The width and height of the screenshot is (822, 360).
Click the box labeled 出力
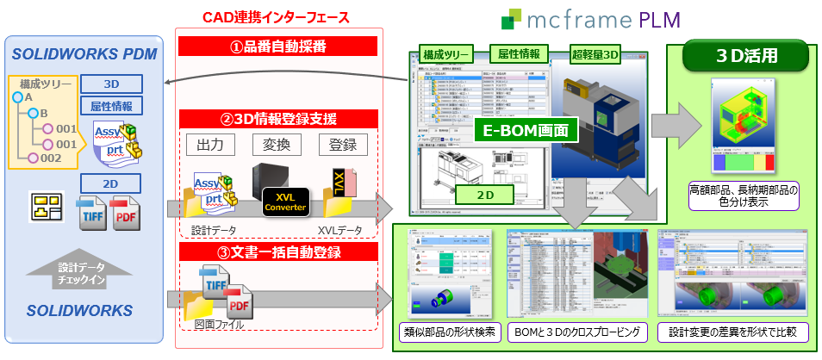(210, 145)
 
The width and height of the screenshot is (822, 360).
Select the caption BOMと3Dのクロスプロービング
(576, 332)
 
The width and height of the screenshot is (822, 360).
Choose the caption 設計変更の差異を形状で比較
(729, 332)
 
